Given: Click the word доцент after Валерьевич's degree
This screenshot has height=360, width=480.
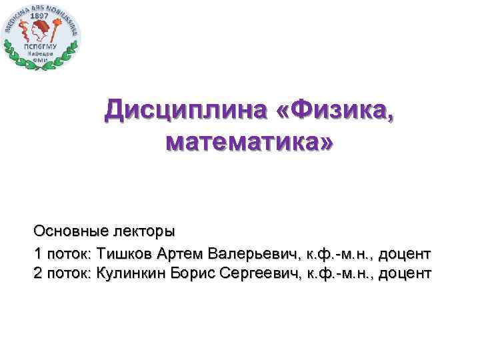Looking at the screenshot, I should pyautogui.click(x=405, y=254).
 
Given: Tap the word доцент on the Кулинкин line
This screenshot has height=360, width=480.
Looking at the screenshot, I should pyautogui.click(x=405, y=273).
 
